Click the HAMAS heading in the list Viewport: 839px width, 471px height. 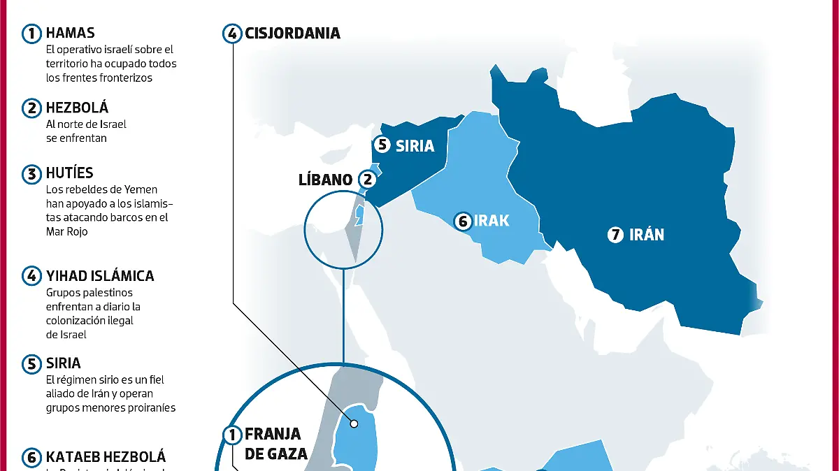point(70,33)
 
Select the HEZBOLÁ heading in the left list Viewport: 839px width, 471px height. point(77,108)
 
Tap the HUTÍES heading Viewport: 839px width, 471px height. point(69,173)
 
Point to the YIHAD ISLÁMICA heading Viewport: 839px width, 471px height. point(99,276)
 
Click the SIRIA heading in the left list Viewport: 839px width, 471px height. point(63,363)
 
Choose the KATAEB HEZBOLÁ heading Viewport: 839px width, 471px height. point(106,458)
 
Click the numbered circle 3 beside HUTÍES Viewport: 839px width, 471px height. point(32,174)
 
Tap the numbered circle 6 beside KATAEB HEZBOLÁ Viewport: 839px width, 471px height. point(32,458)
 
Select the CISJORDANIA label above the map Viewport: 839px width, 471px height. point(292,33)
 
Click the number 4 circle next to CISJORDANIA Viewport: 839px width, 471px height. point(233,33)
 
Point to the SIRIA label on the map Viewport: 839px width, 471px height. point(415,146)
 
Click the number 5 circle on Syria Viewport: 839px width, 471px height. point(382,145)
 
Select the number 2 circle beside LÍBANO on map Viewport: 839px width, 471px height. point(368,180)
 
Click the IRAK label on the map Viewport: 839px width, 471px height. point(492,222)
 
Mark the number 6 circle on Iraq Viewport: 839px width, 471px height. point(462,222)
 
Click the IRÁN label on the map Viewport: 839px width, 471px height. point(647,235)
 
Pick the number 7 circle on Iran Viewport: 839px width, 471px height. point(615,235)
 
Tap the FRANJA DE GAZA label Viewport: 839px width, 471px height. point(275,444)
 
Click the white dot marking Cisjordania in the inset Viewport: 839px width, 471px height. point(354,423)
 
